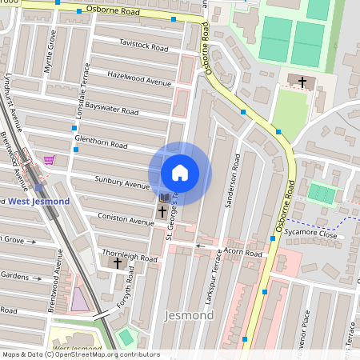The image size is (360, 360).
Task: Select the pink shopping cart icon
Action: click(x=50, y=160)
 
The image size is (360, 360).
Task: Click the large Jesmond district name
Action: click(x=189, y=315)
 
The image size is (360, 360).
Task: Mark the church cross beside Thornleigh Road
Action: click(x=118, y=262)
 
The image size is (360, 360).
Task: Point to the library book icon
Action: click(x=164, y=198)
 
